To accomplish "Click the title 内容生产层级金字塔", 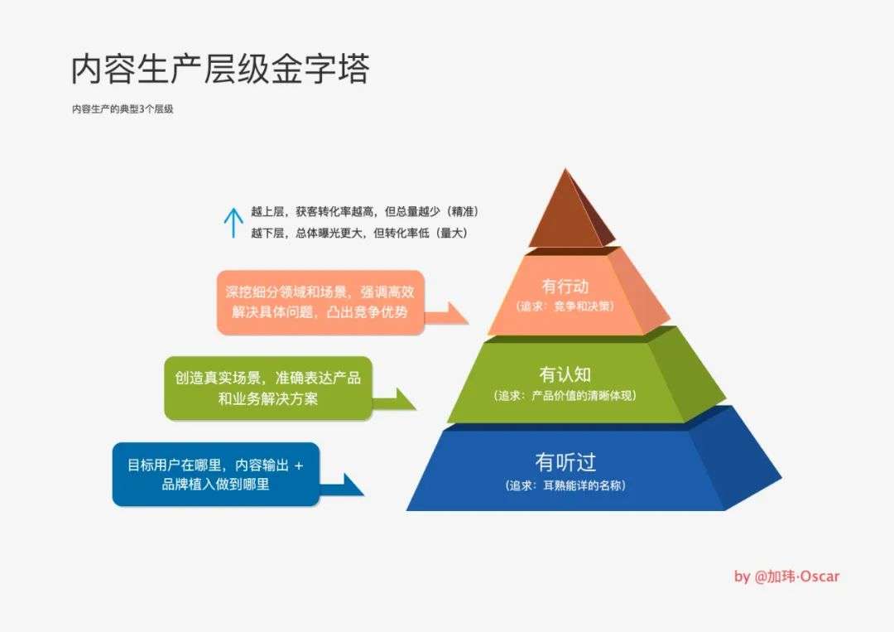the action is [220, 70].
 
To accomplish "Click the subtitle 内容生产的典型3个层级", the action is [123, 109].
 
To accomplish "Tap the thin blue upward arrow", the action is [233, 223].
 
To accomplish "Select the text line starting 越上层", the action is [365, 211].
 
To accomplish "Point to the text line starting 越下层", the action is [359, 233].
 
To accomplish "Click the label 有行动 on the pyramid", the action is [565, 286].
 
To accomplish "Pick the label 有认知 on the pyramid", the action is [565, 374].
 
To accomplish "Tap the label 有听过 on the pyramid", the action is [565, 462].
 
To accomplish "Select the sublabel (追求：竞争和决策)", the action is [565, 306].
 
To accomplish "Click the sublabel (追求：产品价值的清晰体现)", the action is [565, 395].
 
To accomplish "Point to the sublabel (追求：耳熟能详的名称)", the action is [565, 485].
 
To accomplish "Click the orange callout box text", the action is [320, 302].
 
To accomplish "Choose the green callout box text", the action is [268, 388].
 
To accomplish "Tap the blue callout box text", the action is [215, 475].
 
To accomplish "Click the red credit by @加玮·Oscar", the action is [787, 577].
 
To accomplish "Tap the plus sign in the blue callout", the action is [299, 466].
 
